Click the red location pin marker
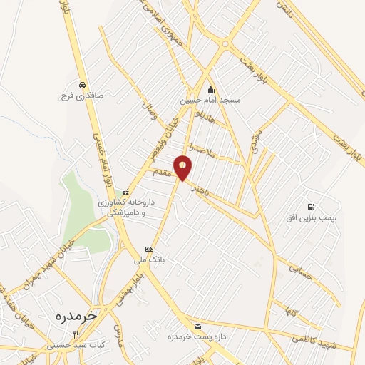[x=184, y=168]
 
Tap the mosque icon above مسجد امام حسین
[x=210, y=90]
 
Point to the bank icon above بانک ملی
[x=148, y=248]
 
